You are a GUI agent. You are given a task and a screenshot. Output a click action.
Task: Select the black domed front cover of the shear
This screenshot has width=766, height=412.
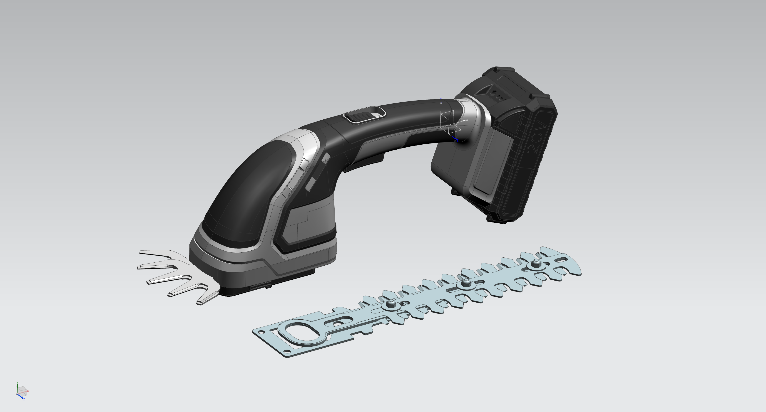256,190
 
